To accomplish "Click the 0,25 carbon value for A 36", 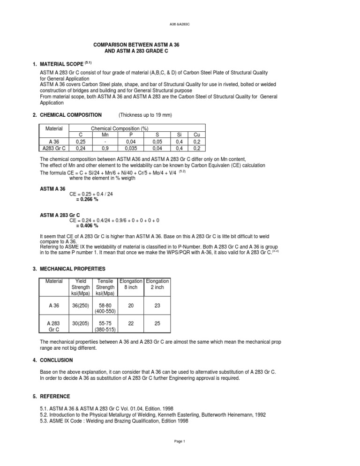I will tap(81, 141).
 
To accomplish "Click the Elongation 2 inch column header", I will tap(157, 284).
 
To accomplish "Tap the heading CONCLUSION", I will tap(56, 360).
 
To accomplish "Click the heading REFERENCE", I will tap(55, 396).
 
